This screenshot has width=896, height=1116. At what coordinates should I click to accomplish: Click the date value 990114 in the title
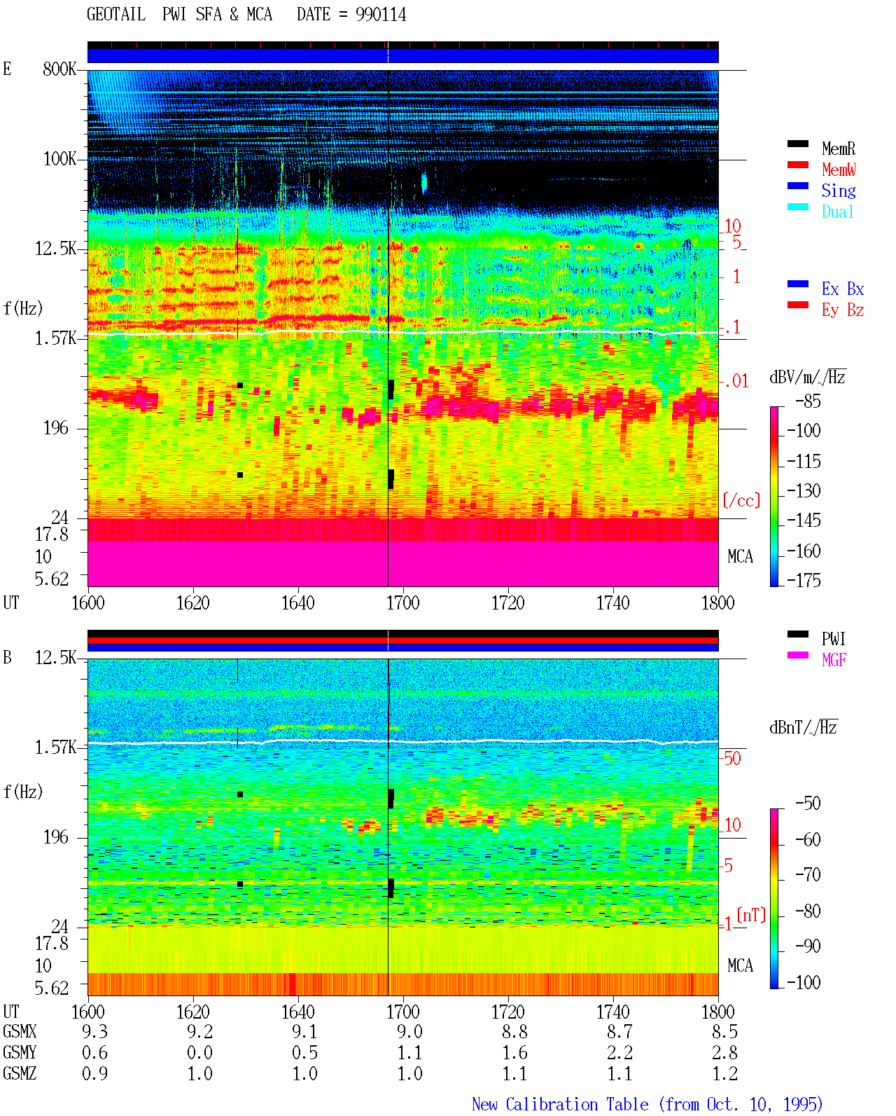(381, 15)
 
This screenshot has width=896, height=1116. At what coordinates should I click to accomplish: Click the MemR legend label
(839, 149)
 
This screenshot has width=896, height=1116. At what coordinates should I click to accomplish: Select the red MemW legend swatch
(797, 165)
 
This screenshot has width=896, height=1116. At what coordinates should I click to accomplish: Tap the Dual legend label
(838, 212)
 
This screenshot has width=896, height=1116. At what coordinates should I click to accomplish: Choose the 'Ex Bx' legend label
(843, 289)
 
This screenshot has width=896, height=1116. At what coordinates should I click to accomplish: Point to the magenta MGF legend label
(834, 660)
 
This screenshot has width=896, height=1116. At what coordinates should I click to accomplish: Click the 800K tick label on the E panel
(59, 69)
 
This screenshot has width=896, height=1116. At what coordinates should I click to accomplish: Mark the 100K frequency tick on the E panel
(59, 159)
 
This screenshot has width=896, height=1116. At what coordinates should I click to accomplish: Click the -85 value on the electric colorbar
(808, 401)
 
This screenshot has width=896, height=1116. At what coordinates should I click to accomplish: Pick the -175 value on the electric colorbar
(804, 580)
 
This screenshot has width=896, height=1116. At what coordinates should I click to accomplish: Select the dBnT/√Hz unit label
(804, 727)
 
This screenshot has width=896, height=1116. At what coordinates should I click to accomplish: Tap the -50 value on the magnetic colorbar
(808, 804)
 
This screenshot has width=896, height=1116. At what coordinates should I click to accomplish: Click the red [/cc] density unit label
(741, 500)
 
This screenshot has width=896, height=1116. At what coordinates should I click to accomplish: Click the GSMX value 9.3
(94, 1031)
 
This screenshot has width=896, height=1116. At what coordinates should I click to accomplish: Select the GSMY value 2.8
(724, 1052)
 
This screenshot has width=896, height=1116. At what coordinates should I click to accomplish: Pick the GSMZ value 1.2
(724, 1073)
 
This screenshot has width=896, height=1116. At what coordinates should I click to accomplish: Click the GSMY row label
(20, 1052)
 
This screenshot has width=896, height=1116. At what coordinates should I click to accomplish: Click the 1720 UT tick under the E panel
(508, 603)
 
